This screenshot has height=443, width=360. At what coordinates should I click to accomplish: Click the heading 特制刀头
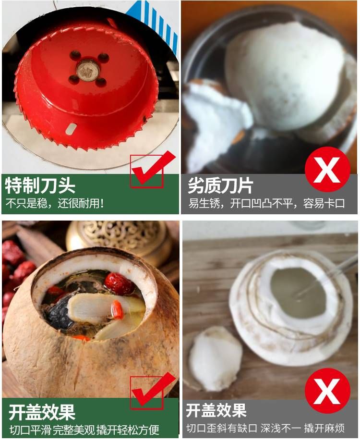click(x=40, y=185)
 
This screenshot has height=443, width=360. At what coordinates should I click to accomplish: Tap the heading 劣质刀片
click(x=220, y=185)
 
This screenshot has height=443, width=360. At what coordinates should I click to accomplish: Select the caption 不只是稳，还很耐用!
click(x=55, y=203)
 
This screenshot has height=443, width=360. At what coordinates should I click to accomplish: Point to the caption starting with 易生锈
click(x=266, y=203)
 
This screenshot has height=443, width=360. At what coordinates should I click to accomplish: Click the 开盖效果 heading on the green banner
click(x=42, y=412)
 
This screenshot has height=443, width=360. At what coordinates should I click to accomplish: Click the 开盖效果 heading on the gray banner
click(x=216, y=410)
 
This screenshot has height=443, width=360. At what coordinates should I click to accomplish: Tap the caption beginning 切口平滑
click(x=84, y=430)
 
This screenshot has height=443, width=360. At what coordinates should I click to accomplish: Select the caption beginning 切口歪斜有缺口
click(x=265, y=428)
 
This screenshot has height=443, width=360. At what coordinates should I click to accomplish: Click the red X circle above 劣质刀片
click(x=327, y=169)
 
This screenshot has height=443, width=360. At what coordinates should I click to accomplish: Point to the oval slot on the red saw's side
click(x=71, y=128)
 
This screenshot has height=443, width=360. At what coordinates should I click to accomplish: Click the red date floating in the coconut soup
click(x=119, y=283)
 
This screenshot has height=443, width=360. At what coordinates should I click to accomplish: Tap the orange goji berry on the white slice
click(x=117, y=309)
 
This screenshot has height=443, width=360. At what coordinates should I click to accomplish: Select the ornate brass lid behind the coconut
click(x=119, y=239)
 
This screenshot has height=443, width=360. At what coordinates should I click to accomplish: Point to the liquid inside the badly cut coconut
click(x=298, y=293)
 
